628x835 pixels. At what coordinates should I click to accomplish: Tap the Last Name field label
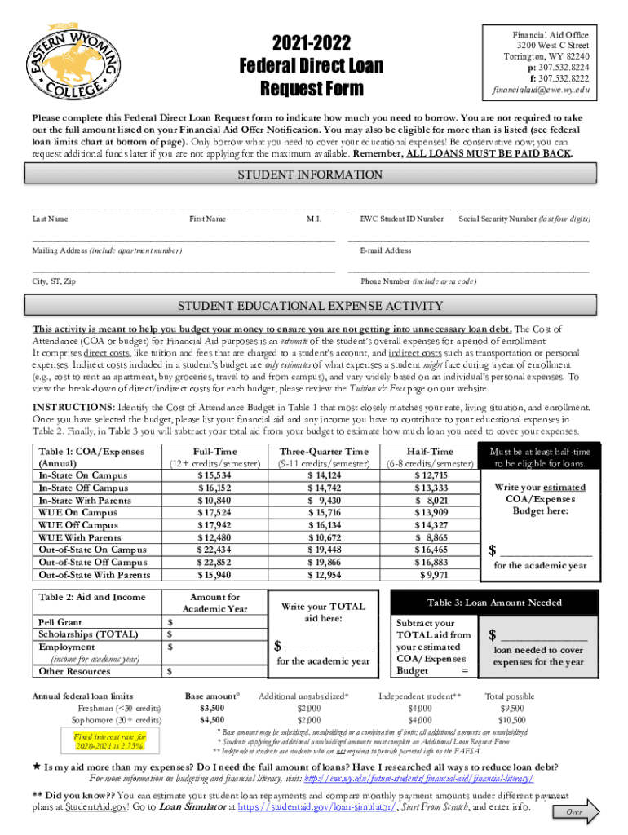(50, 219)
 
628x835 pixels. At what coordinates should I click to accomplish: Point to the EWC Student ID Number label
(402, 219)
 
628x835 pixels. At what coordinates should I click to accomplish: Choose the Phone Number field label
(418, 281)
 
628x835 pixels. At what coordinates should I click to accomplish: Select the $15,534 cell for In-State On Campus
(214, 475)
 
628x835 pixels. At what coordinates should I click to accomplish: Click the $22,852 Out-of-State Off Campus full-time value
(214, 563)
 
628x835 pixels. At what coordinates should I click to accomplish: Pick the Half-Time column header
(430, 452)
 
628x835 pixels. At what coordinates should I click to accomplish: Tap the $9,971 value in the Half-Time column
(432, 575)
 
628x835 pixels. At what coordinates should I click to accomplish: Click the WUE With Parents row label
(77, 537)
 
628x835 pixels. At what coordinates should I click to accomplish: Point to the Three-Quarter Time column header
(324, 452)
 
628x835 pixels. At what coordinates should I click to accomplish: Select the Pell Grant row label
(60, 622)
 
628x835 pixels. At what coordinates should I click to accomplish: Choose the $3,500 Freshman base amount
(212, 709)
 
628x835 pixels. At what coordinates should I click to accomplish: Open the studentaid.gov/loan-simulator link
(317, 807)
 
